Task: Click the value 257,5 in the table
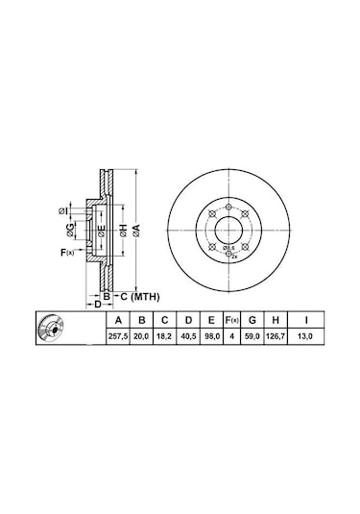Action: coord(118,336)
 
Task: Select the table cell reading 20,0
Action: coord(141,336)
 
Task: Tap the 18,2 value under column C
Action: coord(164,336)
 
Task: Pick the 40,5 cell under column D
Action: coord(188,336)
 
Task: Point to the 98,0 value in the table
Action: coord(211,336)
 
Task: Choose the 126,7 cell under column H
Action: coord(276,336)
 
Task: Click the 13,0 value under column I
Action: coord(305,336)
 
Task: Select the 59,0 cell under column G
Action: coord(252,336)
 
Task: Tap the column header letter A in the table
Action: coord(118,320)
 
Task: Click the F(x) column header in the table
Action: coord(232,320)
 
